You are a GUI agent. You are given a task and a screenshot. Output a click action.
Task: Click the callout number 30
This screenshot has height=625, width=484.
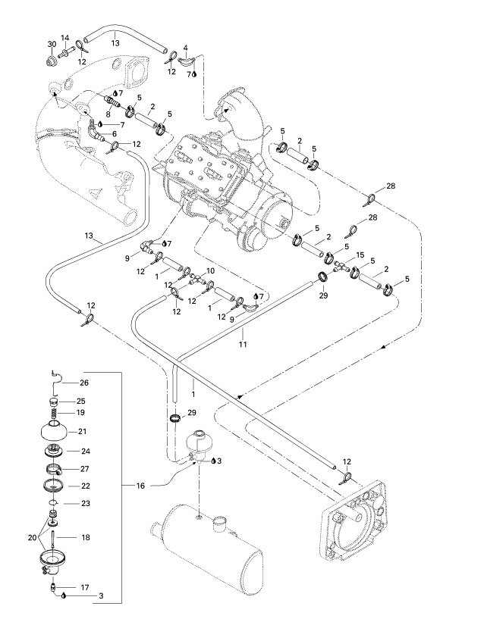[x=52, y=45]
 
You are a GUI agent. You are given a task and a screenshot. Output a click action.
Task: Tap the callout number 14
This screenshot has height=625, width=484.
[x=65, y=38]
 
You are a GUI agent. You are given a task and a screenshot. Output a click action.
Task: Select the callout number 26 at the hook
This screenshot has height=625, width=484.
[x=85, y=383]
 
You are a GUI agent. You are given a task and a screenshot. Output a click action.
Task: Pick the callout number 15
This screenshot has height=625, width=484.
[x=360, y=255]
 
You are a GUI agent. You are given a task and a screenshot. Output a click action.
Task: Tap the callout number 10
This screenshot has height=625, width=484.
[x=210, y=270]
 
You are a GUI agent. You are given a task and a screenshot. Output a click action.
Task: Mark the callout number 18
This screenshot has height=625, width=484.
[x=86, y=537]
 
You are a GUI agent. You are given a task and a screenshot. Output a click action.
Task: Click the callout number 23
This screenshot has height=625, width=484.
[x=85, y=502]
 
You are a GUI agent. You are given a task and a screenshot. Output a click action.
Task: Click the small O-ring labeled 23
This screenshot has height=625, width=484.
[x=54, y=502]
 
